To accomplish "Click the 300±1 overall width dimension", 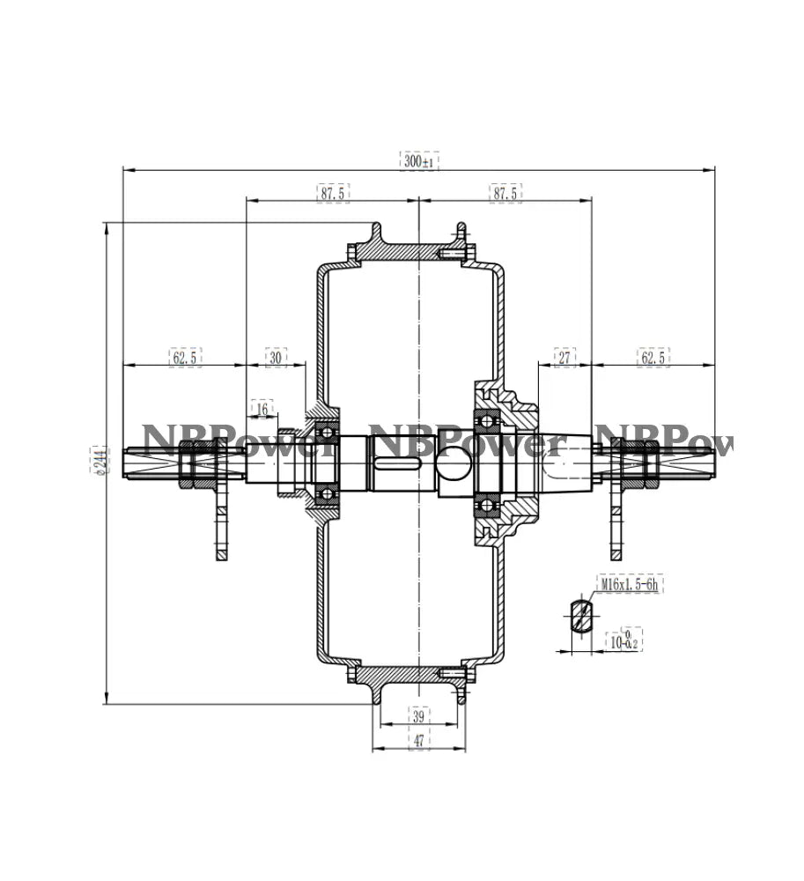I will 419,161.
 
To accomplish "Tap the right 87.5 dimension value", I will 505,192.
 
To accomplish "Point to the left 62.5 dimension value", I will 185,357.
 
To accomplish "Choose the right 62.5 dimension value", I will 653,357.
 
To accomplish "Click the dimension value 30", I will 277,357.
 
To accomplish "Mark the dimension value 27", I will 564,357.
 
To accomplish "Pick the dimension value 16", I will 262,408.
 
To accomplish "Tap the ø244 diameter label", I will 99,460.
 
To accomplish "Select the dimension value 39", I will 419,716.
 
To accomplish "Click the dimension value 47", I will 419,741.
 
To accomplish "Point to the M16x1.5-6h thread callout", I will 629,584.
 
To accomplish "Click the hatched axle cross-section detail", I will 580,614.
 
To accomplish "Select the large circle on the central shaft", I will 454,463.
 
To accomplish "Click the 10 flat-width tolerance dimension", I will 623,640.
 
